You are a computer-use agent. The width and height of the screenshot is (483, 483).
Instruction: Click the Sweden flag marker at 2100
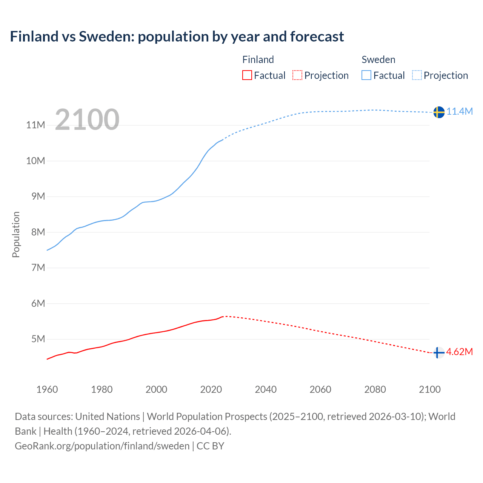[x=438, y=112]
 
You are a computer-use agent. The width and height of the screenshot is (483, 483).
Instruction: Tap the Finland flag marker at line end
[x=438, y=352]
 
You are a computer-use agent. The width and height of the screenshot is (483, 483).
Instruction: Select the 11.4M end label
[x=460, y=111]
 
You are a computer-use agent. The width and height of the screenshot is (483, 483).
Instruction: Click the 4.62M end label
[x=460, y=352]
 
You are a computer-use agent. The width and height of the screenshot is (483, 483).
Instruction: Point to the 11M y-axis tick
[x=35, y=125]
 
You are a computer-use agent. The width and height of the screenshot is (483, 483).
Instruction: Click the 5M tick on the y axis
[x=38, y=339]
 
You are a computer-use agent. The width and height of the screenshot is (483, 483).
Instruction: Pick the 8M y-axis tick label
[x=38, y=232]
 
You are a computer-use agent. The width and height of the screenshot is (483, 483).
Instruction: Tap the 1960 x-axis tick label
[x=47, y=389]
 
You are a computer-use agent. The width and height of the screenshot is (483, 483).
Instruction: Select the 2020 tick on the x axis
[x=211, y=389]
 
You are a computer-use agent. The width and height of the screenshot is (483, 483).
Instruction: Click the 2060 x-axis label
[x=320, y=389]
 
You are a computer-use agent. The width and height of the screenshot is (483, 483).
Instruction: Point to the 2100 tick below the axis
[x=430, y=389]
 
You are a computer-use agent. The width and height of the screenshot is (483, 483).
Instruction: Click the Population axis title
[x=16, y=234]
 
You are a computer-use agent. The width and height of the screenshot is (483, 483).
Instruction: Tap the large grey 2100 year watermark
[x=87, y=120]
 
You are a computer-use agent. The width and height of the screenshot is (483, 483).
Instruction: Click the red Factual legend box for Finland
[x=247, y=75]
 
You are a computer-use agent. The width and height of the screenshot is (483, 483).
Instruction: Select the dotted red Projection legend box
[x=297, y=75]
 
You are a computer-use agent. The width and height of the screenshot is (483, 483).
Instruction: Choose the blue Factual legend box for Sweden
[x=366, y=75]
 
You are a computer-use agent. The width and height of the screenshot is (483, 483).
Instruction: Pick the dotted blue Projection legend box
[x=417, y=75]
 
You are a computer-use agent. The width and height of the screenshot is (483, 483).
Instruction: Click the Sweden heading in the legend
[x=378, y=60]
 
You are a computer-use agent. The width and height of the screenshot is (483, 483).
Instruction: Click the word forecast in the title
[x=317, y=37]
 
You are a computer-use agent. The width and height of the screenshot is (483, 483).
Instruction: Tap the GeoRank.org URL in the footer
[x=102, y=446]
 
